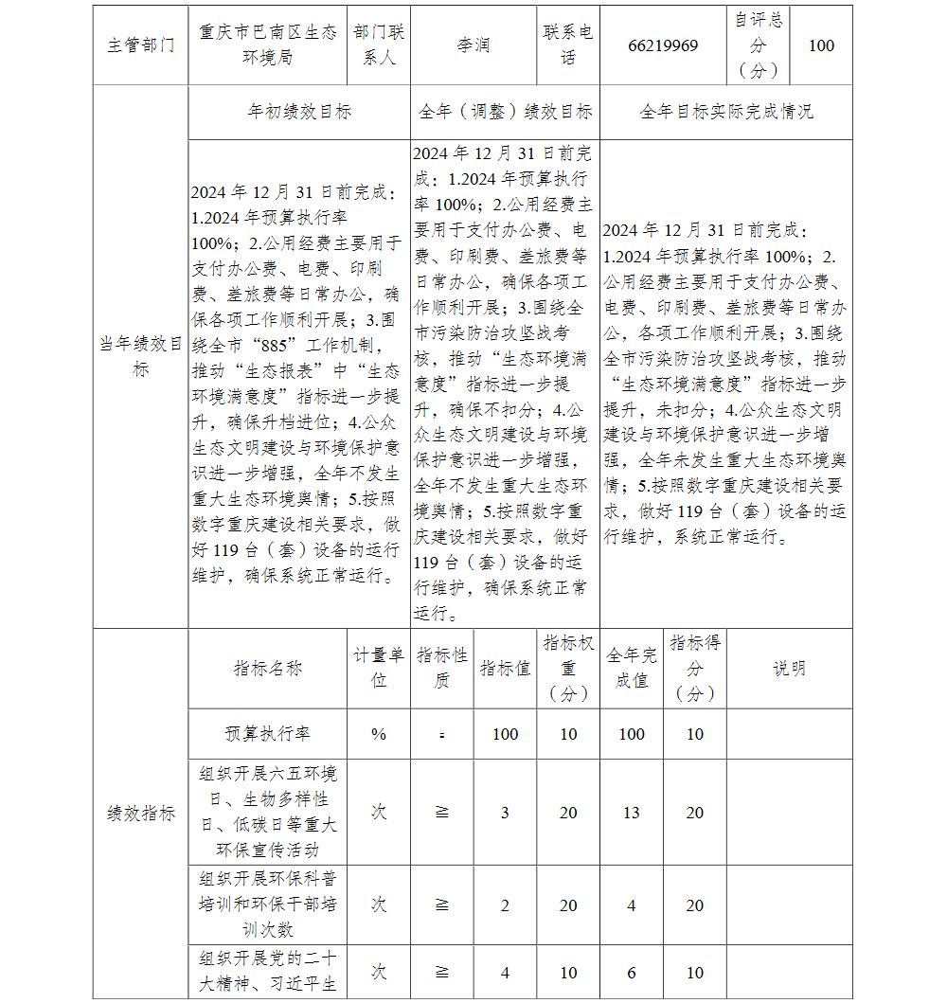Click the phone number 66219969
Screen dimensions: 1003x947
point(663,45)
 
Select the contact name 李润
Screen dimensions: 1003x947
point(473,45)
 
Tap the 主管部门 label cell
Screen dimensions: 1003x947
point(141,45)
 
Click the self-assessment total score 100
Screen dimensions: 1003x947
point(821,45)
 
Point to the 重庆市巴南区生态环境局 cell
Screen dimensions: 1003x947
point(268,45)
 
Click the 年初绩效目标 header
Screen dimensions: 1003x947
point(299,112)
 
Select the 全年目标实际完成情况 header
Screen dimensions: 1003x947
point(726,112)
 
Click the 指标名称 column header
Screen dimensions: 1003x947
point(268,668)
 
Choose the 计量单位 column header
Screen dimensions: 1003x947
point(379,668)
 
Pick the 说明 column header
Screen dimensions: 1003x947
point(789,668)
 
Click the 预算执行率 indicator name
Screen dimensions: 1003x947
point(268,734)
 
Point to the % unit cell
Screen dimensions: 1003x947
point(379,734)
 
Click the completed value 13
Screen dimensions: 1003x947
point(632,813)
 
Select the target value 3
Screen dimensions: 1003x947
point(505,813)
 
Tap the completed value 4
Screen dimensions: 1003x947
point(632,905)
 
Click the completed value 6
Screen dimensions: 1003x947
point(632,973)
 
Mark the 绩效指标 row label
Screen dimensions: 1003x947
point(141,813)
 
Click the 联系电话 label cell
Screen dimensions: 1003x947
point(568,45)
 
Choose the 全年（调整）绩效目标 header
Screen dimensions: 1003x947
point(506,112)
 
